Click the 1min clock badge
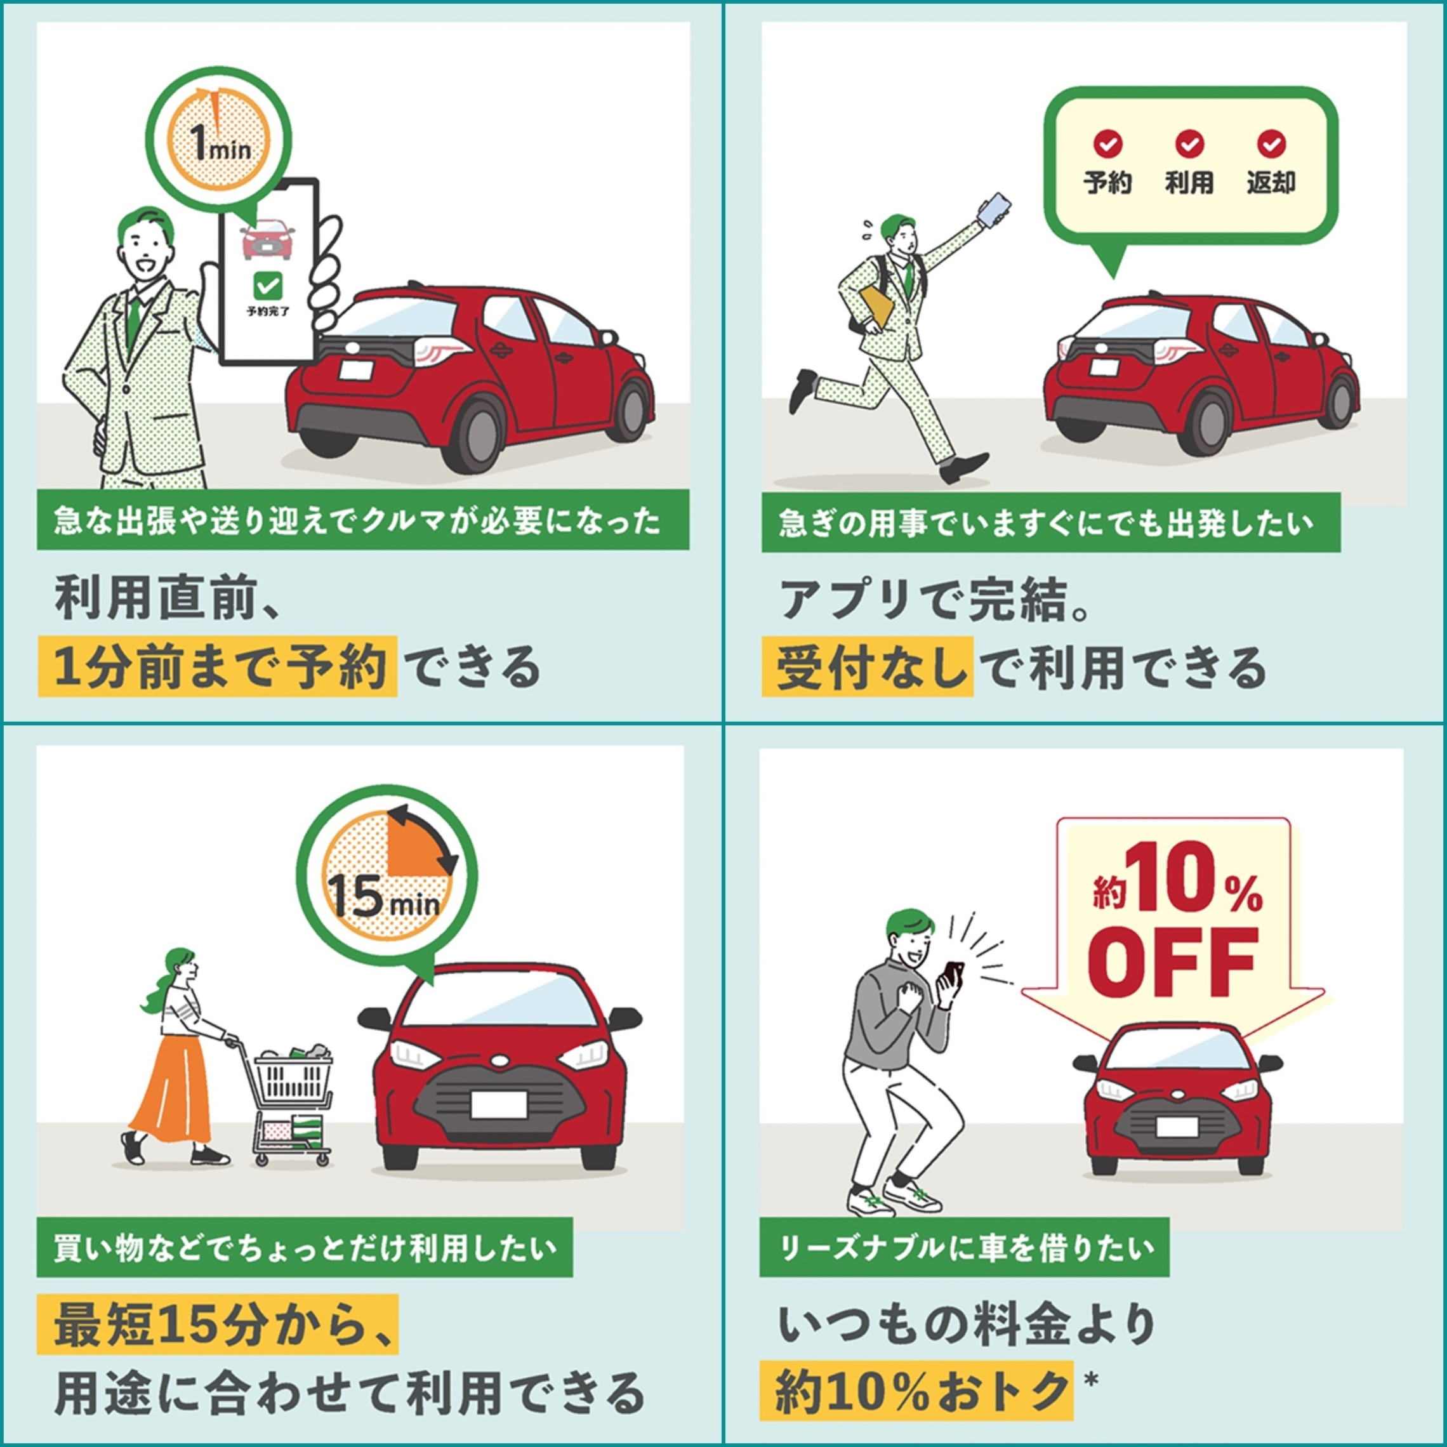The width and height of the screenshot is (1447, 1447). [x=218, y=140]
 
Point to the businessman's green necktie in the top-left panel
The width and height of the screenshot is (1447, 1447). [x=133, y=319]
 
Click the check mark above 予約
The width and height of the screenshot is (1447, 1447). [x=1107, y=144]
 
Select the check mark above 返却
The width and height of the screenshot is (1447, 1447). [x=1271, y=144]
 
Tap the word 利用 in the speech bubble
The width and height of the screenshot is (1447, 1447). [x=1189, y=182]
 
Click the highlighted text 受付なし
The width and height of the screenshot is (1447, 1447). [x=868, y=666]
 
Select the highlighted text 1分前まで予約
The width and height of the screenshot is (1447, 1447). [x=217, y=666]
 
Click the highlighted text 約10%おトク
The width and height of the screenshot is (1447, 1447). [x=916, y=1390]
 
